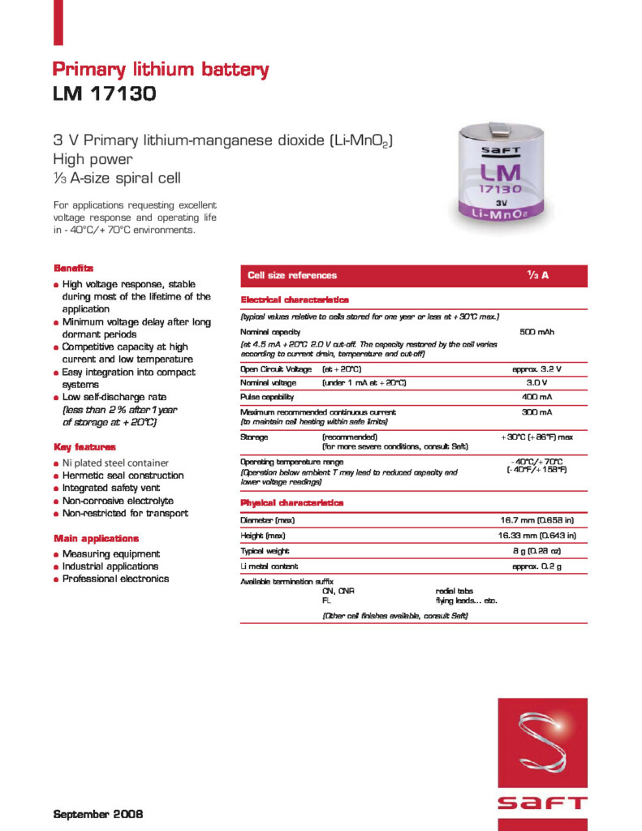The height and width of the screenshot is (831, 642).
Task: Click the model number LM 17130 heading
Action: tap(104, 95)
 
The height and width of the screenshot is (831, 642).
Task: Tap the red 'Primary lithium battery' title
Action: tap(161, 70)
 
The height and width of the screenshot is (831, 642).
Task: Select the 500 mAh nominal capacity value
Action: tap(536, 332)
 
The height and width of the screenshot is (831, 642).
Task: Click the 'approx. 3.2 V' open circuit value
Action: tap(536, 369)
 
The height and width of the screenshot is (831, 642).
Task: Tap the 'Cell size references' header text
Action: tap(292, 276)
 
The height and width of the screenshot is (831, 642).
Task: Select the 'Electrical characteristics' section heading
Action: tap(295, 300)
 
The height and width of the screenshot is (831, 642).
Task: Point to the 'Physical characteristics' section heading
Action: tap(292, 503)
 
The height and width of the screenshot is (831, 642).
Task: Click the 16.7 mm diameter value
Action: tap(536, 519)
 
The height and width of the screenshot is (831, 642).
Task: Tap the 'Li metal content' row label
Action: tap(269, 566)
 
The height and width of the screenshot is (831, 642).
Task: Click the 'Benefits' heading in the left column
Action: tap(74, 268)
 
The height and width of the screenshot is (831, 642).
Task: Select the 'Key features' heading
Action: tap(84, 447)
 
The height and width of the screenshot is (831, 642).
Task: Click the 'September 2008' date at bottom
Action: tap(98, 812)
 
